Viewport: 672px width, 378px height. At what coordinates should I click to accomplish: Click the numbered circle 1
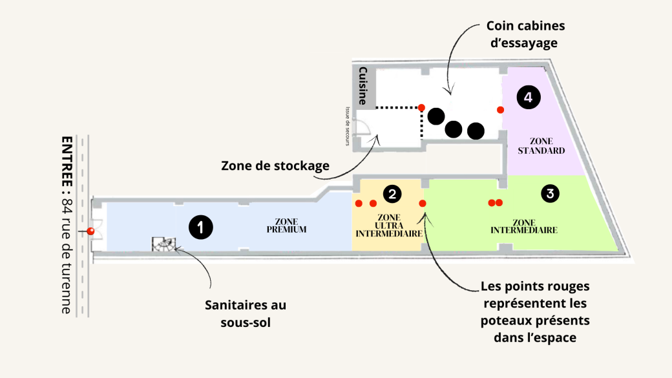click(201, 227)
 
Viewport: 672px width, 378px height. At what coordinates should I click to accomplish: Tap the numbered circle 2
click(392, 193)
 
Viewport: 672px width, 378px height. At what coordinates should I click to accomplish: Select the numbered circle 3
click(550, 193)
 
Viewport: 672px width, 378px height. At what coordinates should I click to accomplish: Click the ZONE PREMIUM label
click(286, 225)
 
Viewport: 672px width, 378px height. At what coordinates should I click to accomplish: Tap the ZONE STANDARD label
click(541, 146)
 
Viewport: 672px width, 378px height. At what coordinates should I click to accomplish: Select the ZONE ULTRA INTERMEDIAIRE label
click(389, 225)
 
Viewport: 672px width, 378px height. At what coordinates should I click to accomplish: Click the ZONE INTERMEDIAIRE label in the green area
click(524, 226)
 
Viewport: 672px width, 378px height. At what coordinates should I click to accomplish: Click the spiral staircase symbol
click(163, 244)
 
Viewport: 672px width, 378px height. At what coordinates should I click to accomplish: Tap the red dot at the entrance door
click(90, 231)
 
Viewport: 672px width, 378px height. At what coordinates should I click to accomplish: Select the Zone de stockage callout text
click(275, 165)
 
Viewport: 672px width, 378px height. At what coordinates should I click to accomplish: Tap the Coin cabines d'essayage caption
click(525, 35)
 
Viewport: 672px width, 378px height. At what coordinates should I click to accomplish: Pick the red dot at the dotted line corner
click(421, 107)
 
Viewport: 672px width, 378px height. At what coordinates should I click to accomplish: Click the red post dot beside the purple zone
click(500, 110)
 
